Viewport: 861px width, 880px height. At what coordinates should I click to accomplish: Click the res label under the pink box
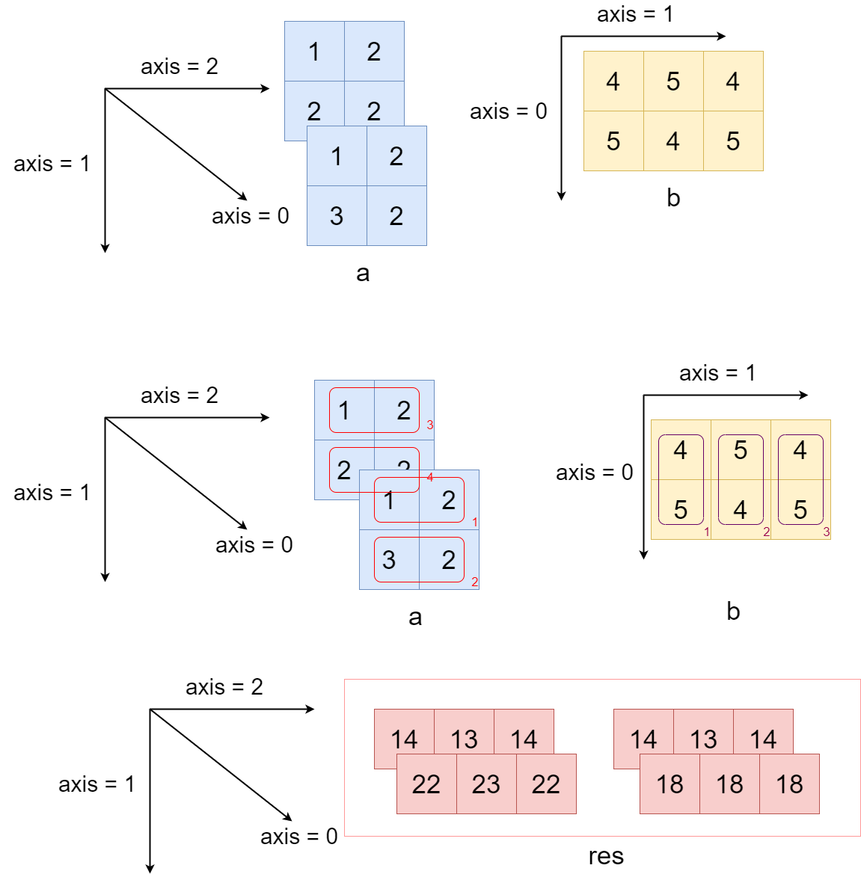605,856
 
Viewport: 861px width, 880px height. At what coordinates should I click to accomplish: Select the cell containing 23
486,784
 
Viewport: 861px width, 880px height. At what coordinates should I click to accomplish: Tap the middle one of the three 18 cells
729,784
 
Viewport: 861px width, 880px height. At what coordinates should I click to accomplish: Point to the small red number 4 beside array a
430,477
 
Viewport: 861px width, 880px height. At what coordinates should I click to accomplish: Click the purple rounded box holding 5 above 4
741,479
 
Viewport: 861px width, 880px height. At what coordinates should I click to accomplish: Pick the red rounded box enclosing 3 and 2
419,559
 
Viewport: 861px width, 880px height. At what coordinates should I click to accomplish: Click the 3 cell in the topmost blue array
337,215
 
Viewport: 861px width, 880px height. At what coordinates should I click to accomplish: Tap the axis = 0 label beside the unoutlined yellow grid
508,111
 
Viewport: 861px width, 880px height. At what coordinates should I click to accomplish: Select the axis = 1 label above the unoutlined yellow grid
634,14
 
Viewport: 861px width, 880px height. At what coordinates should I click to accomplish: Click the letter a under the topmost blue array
363,274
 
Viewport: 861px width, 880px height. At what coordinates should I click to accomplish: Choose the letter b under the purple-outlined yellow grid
733,612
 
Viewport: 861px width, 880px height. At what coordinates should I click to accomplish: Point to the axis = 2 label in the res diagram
224,687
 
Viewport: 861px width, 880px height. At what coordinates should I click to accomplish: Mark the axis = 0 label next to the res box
298,837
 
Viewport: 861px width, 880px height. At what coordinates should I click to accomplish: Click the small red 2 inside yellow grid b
766,532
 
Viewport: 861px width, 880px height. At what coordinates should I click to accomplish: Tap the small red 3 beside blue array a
430,425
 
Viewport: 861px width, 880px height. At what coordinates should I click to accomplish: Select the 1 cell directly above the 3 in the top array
337,156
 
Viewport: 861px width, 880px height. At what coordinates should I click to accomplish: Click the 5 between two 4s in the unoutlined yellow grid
673,81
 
